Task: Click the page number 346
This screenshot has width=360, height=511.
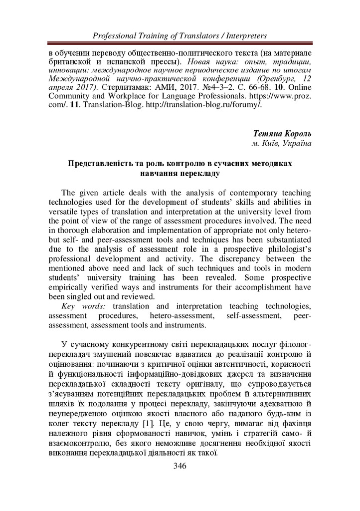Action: tap(180, 466)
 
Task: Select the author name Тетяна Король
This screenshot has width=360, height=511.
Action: tap(282, 135)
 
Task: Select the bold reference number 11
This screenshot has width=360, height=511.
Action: tap(69, 105)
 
